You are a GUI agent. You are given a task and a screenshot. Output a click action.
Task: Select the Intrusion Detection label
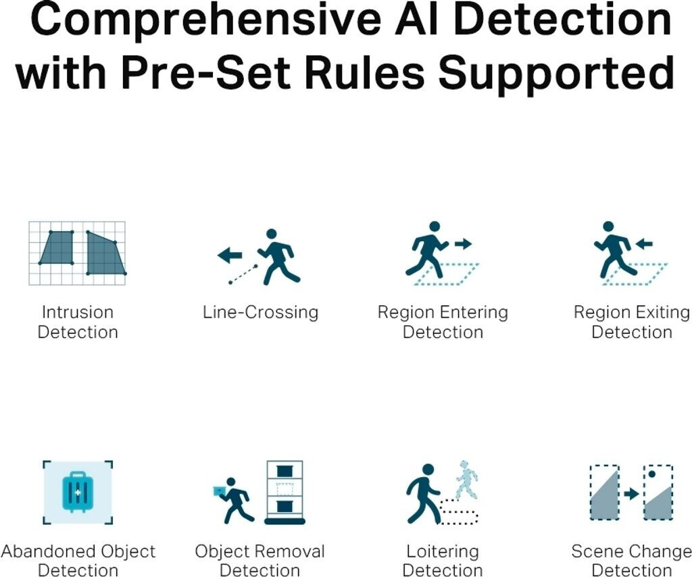click(78, 322)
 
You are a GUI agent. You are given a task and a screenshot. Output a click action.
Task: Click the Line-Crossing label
click(260, 312)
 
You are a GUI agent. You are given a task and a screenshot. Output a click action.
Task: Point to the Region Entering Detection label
click(443, 322)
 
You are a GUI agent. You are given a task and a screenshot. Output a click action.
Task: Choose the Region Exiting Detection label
click(632, 322)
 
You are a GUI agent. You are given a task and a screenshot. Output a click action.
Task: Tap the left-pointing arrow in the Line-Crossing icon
click(230, 255)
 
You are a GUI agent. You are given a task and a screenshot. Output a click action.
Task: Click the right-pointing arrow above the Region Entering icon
click(463, 243)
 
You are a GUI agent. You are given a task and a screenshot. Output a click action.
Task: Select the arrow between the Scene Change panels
click(631, 494)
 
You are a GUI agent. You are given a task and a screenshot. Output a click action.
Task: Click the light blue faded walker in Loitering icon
click(466, 480)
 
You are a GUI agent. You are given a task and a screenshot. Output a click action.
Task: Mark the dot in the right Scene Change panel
click(651, 474)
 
